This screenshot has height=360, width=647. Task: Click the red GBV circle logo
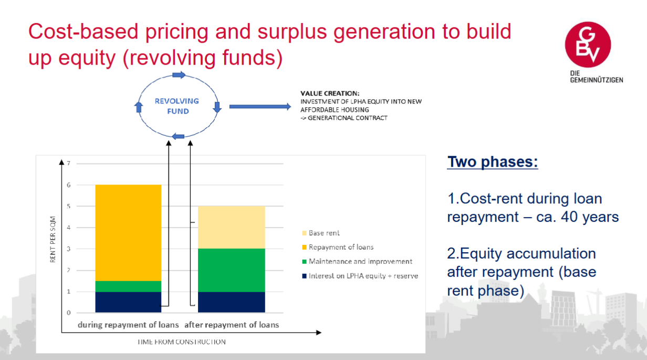pyautogui.click(x=588, y=45)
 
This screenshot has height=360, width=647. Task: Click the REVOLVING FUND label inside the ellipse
pyautogui.click(x=177, y=106)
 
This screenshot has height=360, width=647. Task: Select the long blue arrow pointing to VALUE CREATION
pyautogui.click(x=260, y=107)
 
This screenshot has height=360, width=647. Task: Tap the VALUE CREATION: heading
pyautogui.click(x=330, y=94)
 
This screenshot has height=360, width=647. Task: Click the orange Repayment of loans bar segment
pyautogui.click(x=128, y=233)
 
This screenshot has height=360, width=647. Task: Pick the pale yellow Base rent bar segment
pyautogui.click(x=232, y=227)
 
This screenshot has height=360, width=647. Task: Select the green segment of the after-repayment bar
pyautogui.click(x=232, y=270)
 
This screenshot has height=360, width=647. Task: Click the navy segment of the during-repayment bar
pyautogui.click(x=128, y=302)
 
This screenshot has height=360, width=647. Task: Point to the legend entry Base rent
pyautogui.click(x=320, y=233)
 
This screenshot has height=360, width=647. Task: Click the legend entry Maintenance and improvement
pyautogui.click(x=357, y=261)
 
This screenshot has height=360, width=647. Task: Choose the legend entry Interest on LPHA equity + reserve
pyautogui.click(x=360, y=276)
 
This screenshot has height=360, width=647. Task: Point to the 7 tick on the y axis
pyautogui.click(x=69, y=163)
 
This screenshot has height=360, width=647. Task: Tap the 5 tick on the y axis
pyautogui.click(x=69, y=206)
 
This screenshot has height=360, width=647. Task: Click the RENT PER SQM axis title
pyautogui.click(x=53, y=240)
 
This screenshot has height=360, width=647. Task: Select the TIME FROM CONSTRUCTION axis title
pyautogui.click(x=181, y=342)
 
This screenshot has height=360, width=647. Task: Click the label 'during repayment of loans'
pyautogui.click(x=128, y=325)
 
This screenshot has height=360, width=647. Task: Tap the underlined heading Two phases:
pyautogui.click(x=493, y=162)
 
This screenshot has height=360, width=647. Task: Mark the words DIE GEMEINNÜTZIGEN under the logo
pyautogui.click(x=596, y=77)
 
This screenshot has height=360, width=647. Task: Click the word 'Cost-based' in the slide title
pyautogui.click(x=83, y=32)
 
